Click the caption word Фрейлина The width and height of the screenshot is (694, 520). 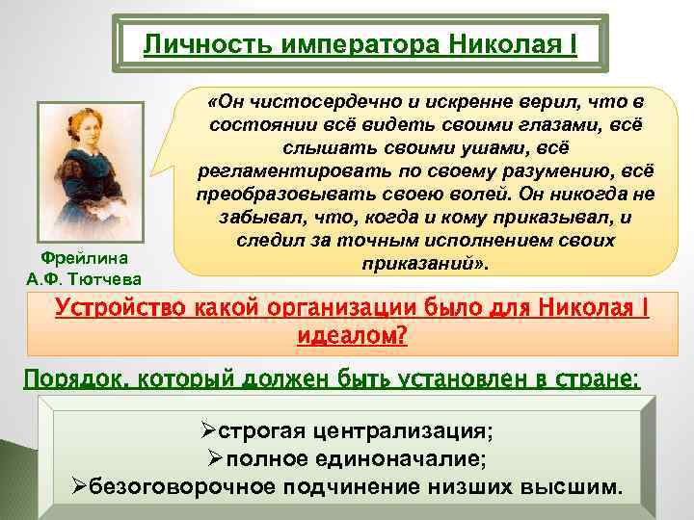coord(91,259)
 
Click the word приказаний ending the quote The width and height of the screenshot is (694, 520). coord(421,262)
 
